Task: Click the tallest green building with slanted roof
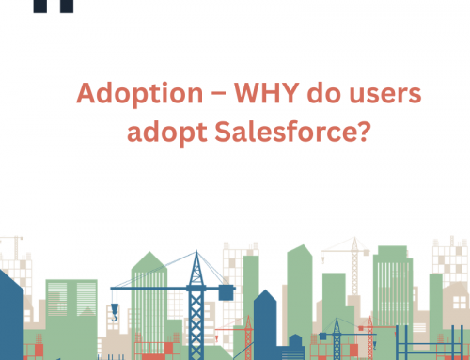tap(298, 291)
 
